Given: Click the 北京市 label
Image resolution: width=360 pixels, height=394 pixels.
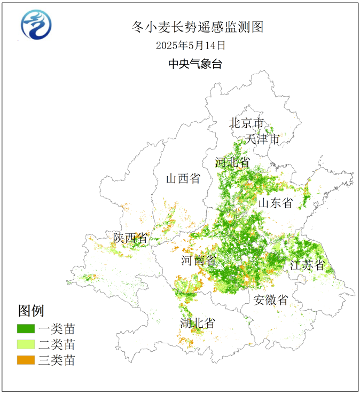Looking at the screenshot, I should pyautogui.click(x=247, y=123).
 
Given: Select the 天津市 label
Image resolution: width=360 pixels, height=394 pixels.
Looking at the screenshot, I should pyautogui.click(x=262, y=139).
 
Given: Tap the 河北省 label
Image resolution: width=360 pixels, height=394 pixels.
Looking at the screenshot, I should pyautogui.click(x=232, y=162).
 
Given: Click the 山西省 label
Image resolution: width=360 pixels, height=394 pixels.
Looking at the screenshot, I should pyautogui.click(x=183, y=178).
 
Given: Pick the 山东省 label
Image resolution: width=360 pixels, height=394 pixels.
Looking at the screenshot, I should pyautogui.click(x=276, y=203).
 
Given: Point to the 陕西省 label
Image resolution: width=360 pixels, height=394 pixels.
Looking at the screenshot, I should pyautogui.click(x=130, y=238).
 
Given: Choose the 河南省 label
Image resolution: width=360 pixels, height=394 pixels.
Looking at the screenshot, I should pyautogui.click(x=199, y=261).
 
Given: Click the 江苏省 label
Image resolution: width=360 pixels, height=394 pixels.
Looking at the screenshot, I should pyautogui.click(x=307, y=265).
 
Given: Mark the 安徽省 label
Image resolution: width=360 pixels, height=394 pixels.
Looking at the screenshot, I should pyautogui.click(x=271, y=300).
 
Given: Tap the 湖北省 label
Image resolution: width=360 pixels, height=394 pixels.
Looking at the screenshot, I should pyautogui.click(x=197, y=323).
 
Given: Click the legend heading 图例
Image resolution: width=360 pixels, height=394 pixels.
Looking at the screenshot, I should pyautogui.click(x=31, y=311).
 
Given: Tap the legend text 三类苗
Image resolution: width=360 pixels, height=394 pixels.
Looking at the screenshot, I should pyautogui.click(x=57, y=360).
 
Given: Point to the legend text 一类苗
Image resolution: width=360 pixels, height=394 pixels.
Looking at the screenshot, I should pyautogui.click(x=57, y=328).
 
